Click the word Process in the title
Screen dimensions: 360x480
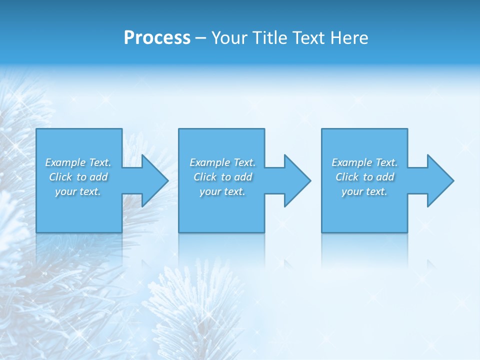pos(157,38)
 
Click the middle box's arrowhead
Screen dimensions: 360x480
pos(296,180)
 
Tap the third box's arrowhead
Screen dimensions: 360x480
pos(438,180)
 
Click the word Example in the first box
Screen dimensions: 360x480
pos(65,162)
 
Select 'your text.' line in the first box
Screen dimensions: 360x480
pos(78,191)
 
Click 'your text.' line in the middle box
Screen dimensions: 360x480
pos(222,191)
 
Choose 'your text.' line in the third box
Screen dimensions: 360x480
pos(364,191)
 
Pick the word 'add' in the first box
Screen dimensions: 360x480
pos(97,177)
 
